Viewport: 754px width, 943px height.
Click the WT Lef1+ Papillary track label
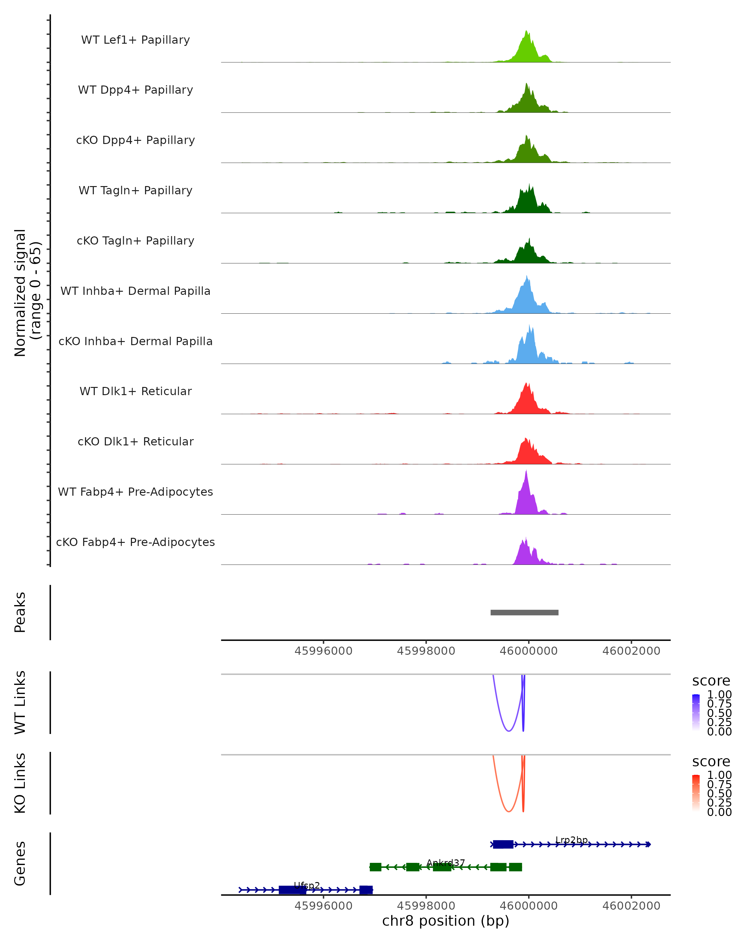click(135, 40)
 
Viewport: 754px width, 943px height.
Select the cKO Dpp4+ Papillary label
click(135, 141)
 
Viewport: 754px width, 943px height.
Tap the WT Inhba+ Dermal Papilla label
click(135, 291)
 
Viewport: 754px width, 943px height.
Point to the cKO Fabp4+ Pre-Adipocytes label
click(135, 542)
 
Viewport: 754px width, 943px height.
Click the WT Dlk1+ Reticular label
click(135, 391)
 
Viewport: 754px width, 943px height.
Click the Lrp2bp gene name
click(571, 840)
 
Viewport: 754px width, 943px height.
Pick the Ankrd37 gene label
click(445, 863)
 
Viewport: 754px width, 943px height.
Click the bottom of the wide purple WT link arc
click(508, 731)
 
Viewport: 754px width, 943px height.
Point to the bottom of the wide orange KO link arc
click(508, 811)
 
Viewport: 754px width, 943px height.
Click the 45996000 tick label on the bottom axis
click(324, 906)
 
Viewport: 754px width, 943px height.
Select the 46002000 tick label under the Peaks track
click(631, 651)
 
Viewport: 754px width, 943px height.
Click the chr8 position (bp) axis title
click(445, 921)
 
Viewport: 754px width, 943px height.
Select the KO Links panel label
click(20, 783)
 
